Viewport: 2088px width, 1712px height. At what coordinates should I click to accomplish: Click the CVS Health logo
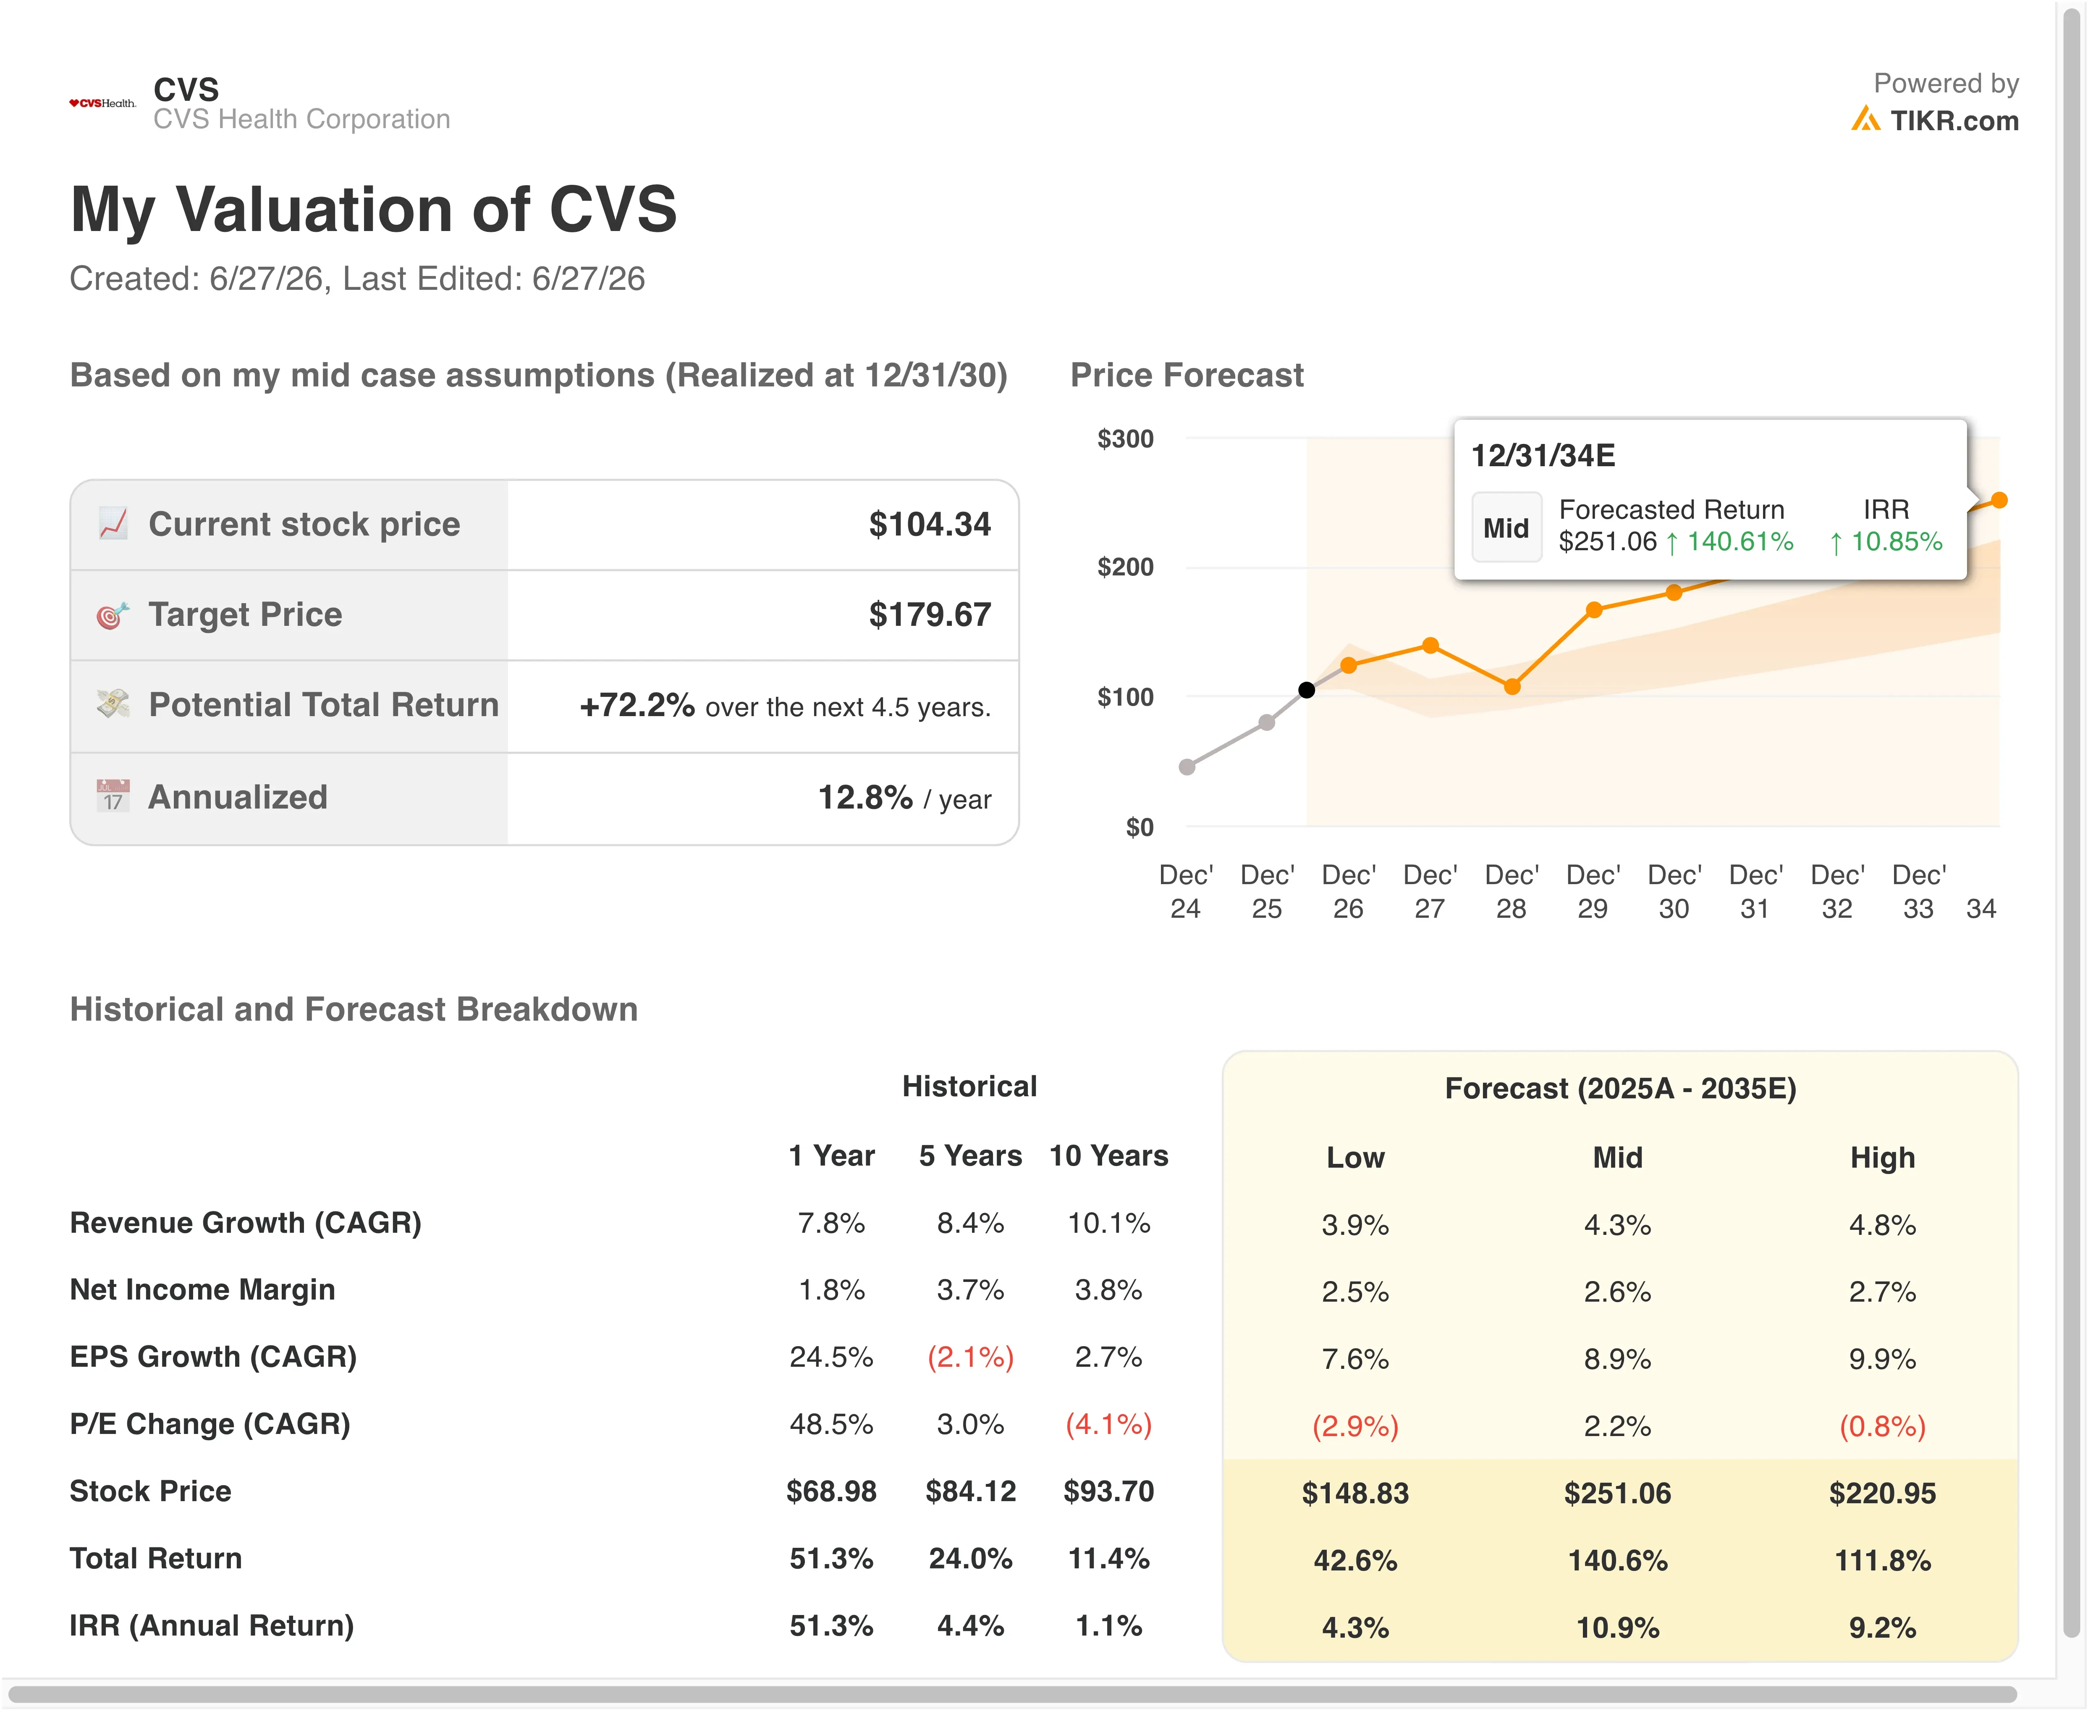click(102, 102)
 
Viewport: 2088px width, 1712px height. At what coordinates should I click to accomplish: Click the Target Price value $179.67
click(930, 614)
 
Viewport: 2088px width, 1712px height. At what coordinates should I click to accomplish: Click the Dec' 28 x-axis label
click(1511, 892)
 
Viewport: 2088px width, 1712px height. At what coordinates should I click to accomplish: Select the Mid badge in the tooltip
click(1506, 528)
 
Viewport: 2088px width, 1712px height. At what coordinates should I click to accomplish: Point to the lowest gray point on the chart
click(1187, 767)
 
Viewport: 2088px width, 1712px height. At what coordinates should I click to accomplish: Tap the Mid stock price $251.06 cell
click(1618, 1493)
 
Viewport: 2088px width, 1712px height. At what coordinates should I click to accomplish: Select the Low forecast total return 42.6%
click(1355, 1560)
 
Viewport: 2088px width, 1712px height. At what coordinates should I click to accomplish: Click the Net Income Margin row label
click(202, 1290)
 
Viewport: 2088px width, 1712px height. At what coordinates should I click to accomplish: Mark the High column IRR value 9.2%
click(1882, 1627)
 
